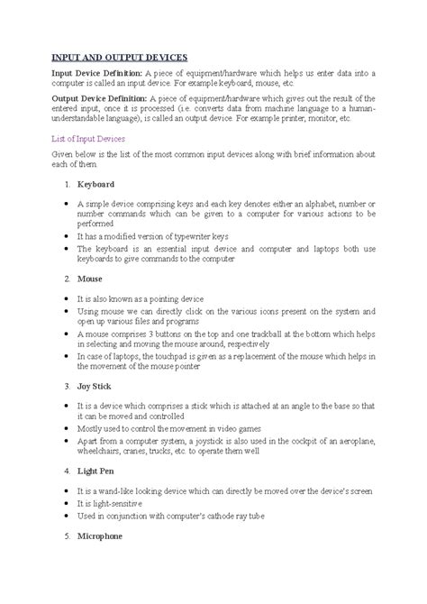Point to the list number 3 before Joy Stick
click(x=68, y=384)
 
